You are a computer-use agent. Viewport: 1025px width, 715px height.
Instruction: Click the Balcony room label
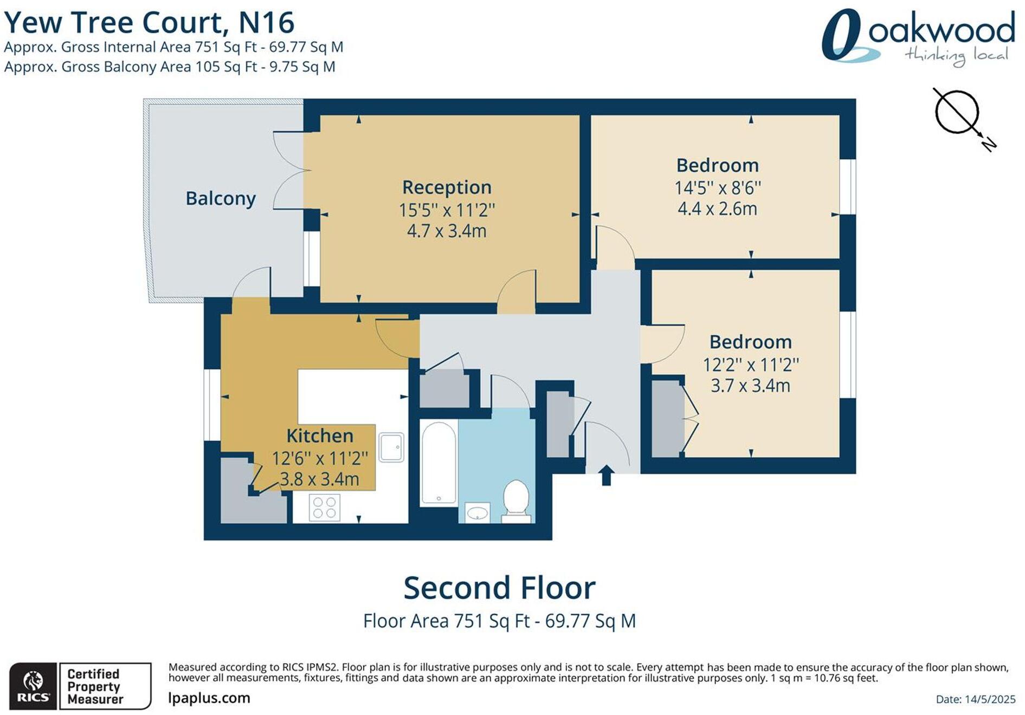tap(220, 198)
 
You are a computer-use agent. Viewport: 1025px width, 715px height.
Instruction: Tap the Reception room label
tap(447, 187)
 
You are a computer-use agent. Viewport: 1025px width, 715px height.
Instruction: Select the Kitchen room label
tap(319, 435)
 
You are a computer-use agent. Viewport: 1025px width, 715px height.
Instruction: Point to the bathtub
tap(438, 463)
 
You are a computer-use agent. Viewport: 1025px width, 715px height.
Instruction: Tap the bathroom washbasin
tap(477, 512)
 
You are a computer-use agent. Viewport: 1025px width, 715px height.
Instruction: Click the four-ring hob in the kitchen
tap(324, 508)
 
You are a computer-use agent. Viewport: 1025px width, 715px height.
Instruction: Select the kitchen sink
tap(391, 447)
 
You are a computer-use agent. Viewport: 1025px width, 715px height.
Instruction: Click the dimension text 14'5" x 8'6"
tap(717, 188)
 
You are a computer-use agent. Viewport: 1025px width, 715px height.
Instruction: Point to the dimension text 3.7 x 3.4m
tap(750, 386)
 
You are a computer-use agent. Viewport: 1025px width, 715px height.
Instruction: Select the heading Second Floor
tap(499, 588)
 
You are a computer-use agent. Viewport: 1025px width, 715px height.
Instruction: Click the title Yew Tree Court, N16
tap(149, 23)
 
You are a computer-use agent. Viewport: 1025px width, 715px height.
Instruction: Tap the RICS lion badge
tap(33, 686)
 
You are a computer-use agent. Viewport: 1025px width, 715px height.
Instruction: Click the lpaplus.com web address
tap(209, 698)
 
